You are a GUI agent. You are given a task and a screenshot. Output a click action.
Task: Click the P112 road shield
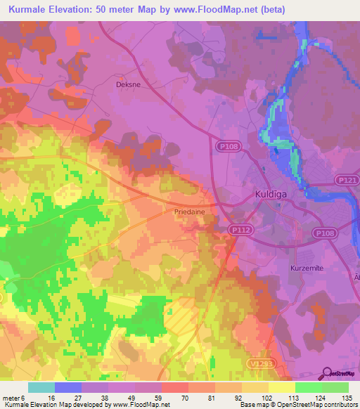tap(239, 229)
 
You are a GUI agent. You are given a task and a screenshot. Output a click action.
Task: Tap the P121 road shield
tap(345, 180)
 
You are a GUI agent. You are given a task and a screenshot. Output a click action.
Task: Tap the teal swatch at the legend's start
tap(41, 387)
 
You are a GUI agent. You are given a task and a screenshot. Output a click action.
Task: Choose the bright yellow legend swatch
tap(282, 387)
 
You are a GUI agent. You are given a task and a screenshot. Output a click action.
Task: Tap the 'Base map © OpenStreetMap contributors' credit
tap(298, 405)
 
